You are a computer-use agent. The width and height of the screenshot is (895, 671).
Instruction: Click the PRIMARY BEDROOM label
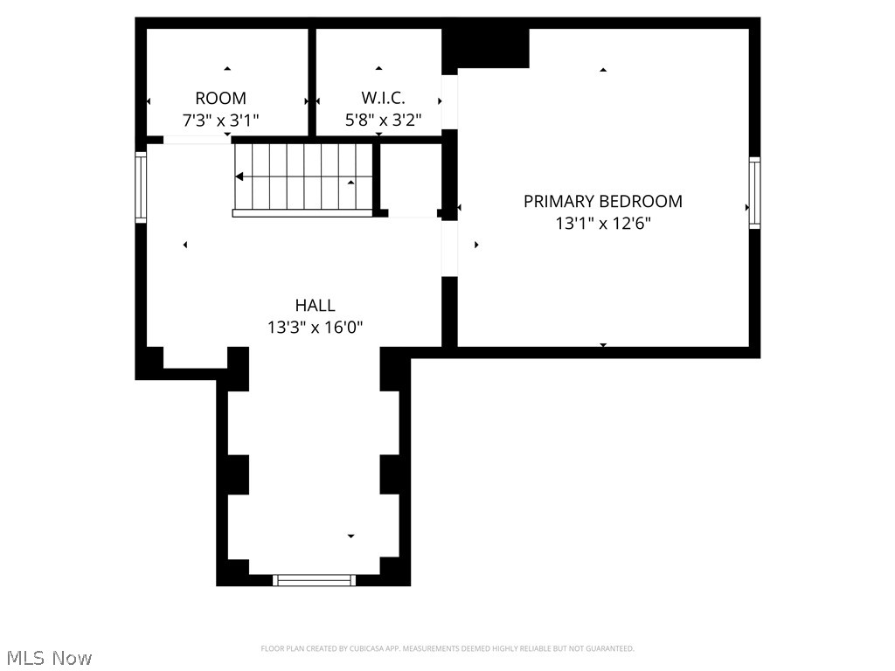[602, 201]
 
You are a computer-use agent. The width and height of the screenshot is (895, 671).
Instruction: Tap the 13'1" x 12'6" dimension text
[602, 224]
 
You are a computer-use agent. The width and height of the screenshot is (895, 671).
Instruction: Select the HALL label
[315, 305]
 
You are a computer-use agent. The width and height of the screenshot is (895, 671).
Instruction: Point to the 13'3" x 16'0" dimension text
[315, 328]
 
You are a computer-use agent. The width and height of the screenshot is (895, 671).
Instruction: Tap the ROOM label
[220, 98]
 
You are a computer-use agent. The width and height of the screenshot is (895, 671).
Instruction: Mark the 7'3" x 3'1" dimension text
[220, 120]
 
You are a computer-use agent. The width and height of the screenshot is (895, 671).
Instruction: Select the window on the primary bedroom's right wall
[754, 193]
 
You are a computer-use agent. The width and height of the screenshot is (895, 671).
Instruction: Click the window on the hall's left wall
[140, 187]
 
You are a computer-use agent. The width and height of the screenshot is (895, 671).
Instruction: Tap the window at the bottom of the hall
[315, 580]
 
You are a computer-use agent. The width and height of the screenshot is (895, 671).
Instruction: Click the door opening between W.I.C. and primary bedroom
[449, 103]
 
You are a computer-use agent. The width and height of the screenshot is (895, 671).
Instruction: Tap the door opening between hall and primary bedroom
[449, 247]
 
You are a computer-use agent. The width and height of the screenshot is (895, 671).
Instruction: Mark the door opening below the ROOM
[198, 140]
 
